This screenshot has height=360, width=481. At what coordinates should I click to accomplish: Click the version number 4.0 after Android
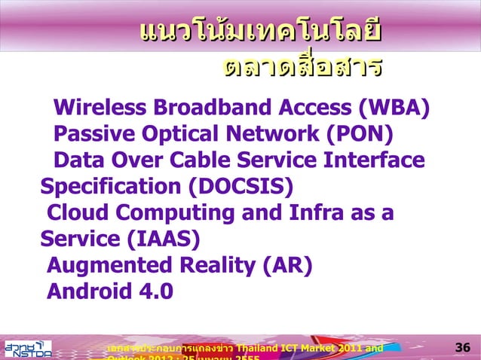click(x=153, y=291)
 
